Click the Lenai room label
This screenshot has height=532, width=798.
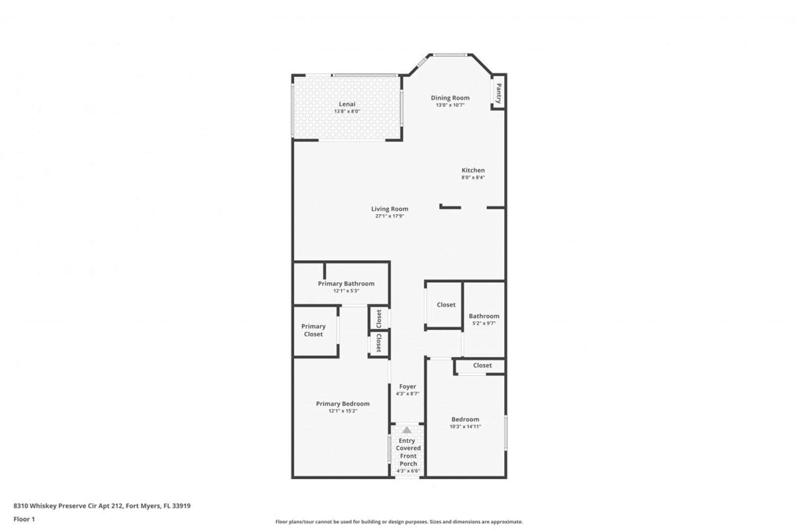pos(347,104)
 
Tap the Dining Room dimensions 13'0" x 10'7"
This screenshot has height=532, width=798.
pos(450,105)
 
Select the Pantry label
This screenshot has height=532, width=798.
pos(499,94)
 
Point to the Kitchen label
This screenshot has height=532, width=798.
pos(473,170)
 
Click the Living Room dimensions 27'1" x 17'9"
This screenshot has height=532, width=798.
pos(390,216)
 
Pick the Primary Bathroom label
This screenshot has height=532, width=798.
pos(346,284)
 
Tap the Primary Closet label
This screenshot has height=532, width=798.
pos(313,331)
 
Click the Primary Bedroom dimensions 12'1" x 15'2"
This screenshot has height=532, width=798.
pos(343,411)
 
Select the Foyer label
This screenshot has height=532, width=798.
pos(407,387)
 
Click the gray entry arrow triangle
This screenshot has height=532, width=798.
pos(407,430)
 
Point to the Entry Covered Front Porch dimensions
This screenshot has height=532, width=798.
pos(408,471)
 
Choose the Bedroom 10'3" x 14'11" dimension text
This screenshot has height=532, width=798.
pos(465,427)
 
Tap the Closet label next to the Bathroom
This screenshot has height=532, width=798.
pos(446,304)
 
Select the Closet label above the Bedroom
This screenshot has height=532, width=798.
pos(482,365)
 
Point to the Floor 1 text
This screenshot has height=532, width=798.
pos(24,519)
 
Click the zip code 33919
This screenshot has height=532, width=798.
pos(181,506)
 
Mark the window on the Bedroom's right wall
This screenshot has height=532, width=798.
pos(506,432)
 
